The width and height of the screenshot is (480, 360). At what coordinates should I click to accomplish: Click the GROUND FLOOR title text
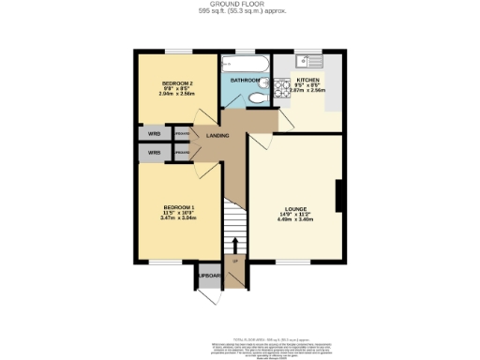[240, 5]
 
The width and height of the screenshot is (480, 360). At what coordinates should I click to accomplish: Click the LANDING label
[218, 137]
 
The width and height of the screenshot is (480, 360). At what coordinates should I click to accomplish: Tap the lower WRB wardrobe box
[155, 152]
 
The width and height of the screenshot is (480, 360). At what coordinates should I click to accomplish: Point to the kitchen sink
[309, 62]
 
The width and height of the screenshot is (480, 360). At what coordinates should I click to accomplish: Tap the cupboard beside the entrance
[206, 277]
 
